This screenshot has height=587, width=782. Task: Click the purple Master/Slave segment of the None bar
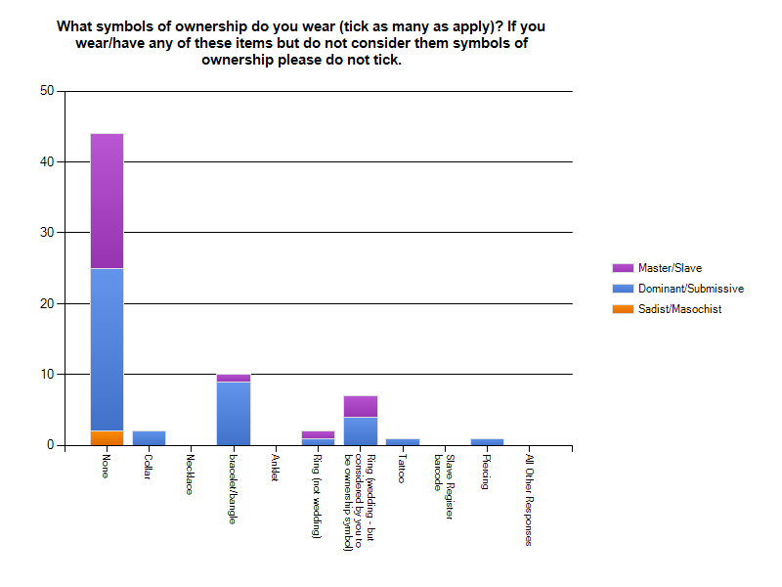click(107, 201)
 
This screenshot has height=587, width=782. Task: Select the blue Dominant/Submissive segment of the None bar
click(107, 349)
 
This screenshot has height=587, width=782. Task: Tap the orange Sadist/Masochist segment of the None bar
click(107, 438)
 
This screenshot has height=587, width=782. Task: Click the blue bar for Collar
click(149, 438)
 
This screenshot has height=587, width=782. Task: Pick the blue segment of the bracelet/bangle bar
click(234, 414)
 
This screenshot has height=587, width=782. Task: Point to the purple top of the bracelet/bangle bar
click(234, 378)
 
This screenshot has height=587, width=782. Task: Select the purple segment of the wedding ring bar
click(361, 406)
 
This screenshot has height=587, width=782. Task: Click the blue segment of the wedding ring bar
click(361, 431)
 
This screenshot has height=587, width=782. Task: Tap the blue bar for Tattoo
click(403, 442)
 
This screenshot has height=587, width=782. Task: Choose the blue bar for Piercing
click(487, 442)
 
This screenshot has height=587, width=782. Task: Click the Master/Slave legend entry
click(670, 268)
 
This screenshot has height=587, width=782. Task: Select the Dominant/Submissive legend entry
click(690, 289)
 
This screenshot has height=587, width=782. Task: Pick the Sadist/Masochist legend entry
click(679, 309)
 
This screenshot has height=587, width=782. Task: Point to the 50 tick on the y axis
click(46, 91)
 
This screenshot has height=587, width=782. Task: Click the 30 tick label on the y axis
click(46, 233)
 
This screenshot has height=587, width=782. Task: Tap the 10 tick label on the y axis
click(46, 375)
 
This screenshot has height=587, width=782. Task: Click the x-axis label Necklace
click(190, 474)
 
